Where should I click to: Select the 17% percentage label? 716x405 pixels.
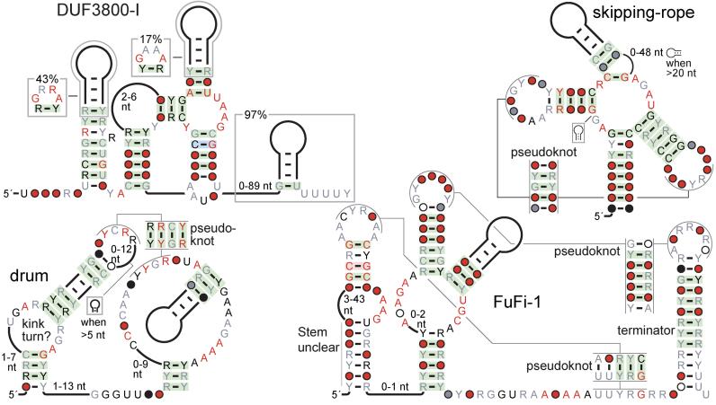click(x=149, y=40)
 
